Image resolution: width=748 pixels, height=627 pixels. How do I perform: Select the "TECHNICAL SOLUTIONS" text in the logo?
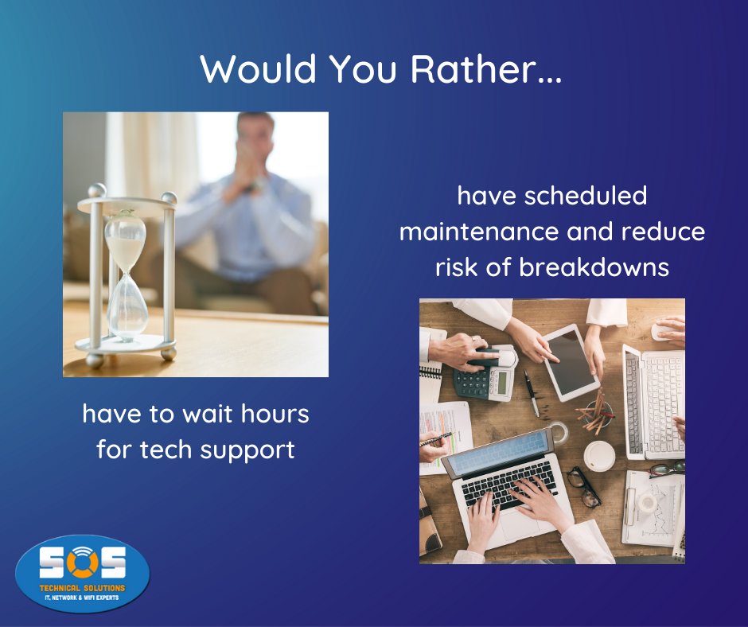click(x=83, y=585)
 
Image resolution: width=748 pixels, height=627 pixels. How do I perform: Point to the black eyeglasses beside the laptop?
click(x=584, y=486)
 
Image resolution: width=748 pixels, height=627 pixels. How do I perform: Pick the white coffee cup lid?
click(x=599, y=457)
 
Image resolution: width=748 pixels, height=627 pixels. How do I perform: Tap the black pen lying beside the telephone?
click(x=530, y=393)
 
